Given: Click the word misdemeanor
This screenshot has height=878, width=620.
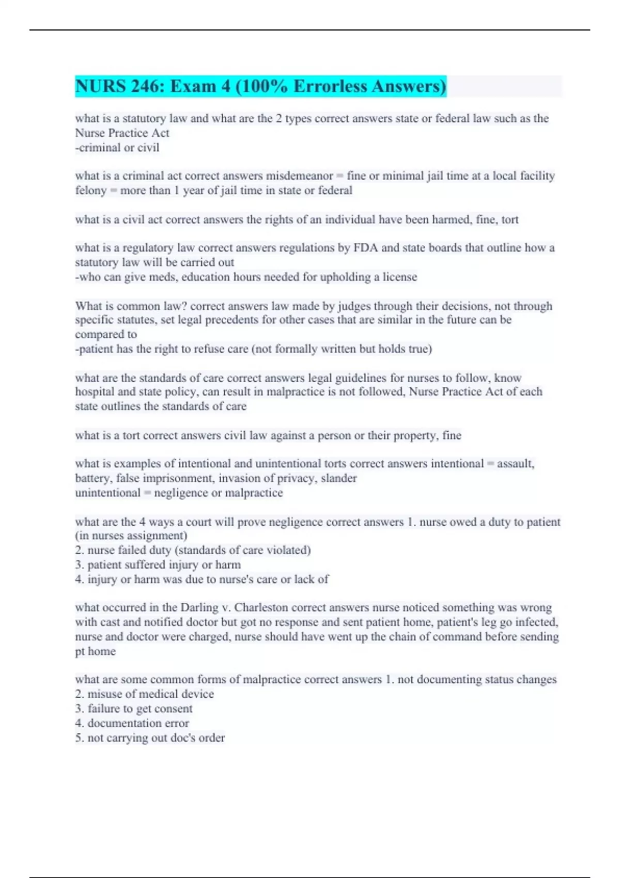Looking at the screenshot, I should pyautogui.click(x=299, y=176).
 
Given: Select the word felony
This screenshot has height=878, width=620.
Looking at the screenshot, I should pyautogui.click(x=90, y=191).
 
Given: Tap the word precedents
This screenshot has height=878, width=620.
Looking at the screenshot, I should pyautogui.click(x=218, y=320).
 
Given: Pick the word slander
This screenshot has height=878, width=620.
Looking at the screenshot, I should pyautogui.click(x=338, y=478).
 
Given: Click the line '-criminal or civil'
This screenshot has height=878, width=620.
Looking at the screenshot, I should pyautogui.click(x=117, y=148).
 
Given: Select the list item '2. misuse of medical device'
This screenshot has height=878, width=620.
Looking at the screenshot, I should pyautogui.click(x=144, y=694).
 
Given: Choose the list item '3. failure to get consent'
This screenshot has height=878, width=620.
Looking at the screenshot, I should pyautogui.click(x=134, y=709).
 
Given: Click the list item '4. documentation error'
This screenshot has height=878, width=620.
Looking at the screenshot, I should pyautogui.click(x=132, y=723).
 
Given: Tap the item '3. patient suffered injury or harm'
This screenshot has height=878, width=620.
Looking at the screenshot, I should pyautogui.click(x=158, y=565).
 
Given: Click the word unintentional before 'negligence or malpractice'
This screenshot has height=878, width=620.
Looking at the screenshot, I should pyautogui.click(x=107, y=493).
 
